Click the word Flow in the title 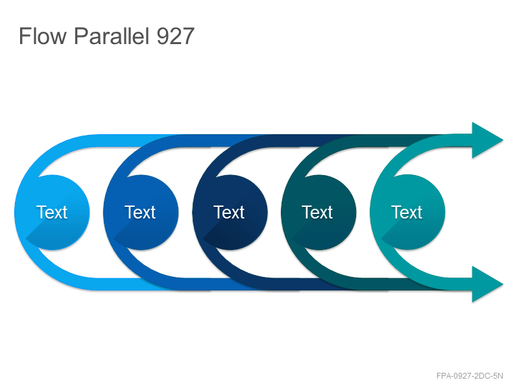[42, 36]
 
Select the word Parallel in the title [112, 36]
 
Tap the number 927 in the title [175, 36]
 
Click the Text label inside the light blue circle [52, 212]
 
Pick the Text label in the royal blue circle [140, 212]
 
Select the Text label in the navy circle [229, 212]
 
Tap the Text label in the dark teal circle [317, 212]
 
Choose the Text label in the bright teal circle [407, 212]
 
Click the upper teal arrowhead [487, 140]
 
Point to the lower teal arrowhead [487, 284]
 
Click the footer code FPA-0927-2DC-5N [470, 376]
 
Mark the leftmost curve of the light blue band [20, 212]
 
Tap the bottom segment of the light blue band [132, 284]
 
